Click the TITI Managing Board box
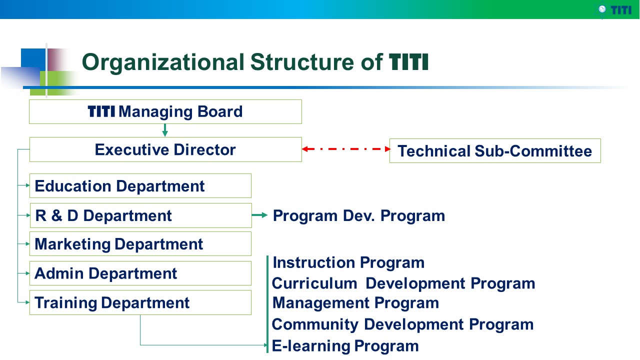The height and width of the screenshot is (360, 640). pos(165,111)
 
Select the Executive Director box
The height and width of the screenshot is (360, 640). pos(165,149)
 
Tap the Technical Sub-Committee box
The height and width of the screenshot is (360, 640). pos(495,151)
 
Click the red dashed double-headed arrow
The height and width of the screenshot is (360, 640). pos(346,149)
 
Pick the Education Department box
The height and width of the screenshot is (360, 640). pos(140,185)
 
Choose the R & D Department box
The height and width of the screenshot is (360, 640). pos(141,215)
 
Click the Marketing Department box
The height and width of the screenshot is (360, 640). pos(140,243)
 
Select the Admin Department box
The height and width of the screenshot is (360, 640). pos(140,273)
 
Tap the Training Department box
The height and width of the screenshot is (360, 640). pos(140,302)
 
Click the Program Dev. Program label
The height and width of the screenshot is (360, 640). pos(359,216)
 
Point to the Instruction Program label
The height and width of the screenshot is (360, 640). pos(348,263)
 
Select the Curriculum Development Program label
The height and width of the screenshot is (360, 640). pos(403,283)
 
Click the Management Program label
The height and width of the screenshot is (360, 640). pos(355,303)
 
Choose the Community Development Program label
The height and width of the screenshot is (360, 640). pos(402,324)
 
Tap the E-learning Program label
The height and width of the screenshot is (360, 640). pos(345,346)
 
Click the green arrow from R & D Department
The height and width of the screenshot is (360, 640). pos(259,215)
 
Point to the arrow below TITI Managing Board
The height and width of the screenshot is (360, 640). pos(165,130)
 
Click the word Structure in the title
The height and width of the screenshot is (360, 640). pos(302,62)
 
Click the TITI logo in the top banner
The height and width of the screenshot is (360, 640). pos(614,10)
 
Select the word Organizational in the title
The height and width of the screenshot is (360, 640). pos(163,63)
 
